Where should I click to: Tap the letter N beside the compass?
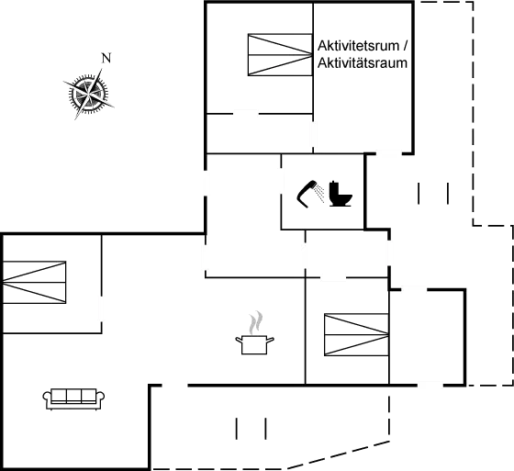click(106, 58)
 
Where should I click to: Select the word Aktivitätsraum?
click(362, 63)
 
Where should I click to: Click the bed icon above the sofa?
click(35, 281)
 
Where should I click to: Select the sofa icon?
click(73, 396)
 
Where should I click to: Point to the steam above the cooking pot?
click(255, 321)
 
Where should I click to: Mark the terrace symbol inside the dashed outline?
click(431, 194)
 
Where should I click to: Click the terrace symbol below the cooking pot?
click(251, 429)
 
